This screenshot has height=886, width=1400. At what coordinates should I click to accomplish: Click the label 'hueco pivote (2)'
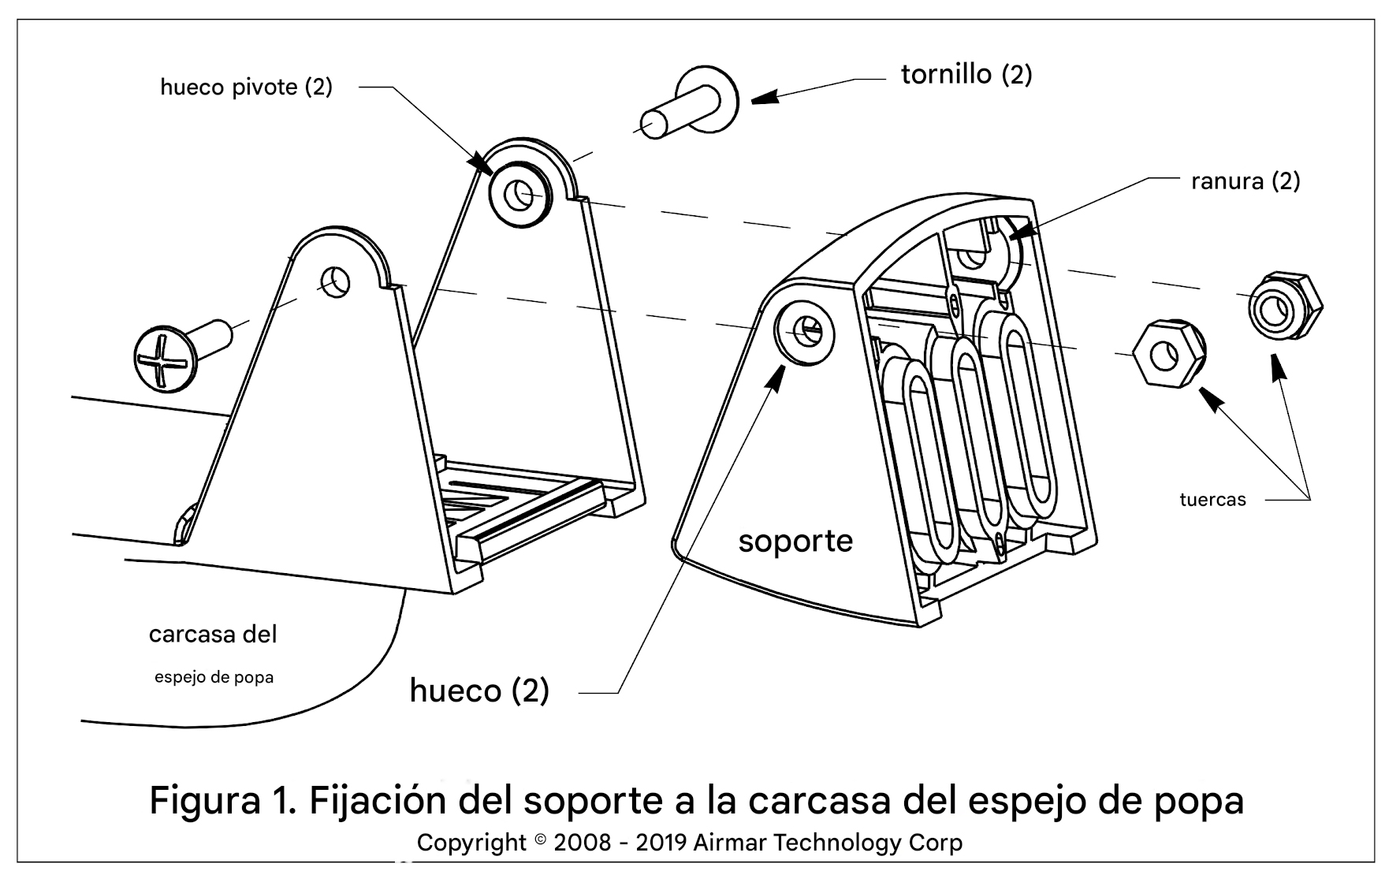click(246, 87)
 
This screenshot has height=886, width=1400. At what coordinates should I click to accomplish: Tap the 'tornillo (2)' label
click(966, 74)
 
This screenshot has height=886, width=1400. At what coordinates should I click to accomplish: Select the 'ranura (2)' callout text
click(1245, 181)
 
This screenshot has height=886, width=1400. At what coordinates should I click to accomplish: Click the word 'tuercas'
click(1212, 500)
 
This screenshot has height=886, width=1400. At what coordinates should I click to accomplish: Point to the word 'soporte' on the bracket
click(795, 542)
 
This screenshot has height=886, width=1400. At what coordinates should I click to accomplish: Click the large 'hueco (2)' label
click(479, 691)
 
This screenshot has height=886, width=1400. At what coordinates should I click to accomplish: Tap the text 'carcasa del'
click(213, 635)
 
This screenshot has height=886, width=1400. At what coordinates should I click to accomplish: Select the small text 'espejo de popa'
click(214, 677)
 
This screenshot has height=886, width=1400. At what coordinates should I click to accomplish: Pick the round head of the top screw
click(707, 99)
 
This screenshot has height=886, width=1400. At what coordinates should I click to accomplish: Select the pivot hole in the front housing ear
click(336, 281)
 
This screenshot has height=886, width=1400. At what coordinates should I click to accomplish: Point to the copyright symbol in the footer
click(540, 840)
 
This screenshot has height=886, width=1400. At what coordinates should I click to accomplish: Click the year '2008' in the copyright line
click(582, 843)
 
